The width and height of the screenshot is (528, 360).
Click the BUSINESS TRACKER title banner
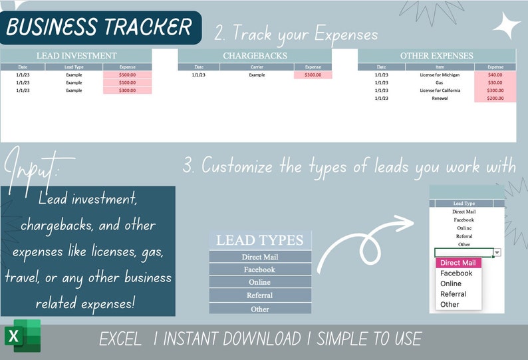pos(100,27)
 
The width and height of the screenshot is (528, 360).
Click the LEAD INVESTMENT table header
pos(76,56)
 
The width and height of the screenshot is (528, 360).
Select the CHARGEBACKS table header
pos(255,56)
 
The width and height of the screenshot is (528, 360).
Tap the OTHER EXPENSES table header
pos(437,56)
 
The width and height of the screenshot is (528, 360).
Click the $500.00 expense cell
pos(127,75)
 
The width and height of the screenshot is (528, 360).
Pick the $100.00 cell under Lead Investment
pos(127,83)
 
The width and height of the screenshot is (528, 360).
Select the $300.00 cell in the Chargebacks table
pos(313,75)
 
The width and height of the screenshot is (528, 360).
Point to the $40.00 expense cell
pos(495,75)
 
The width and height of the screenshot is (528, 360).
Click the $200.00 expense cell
pos(495,98)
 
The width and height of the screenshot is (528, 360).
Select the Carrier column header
pos(257,67)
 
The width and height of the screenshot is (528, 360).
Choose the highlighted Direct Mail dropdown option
pos(458,263)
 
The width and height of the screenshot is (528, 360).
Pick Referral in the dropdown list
pos(453,293)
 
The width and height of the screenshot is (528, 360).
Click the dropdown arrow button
pos(497,253)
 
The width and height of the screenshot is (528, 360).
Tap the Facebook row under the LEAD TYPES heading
pos(260,270)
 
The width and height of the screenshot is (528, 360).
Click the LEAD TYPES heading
pos(260,240)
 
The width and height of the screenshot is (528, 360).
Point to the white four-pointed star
pos(507,26)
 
